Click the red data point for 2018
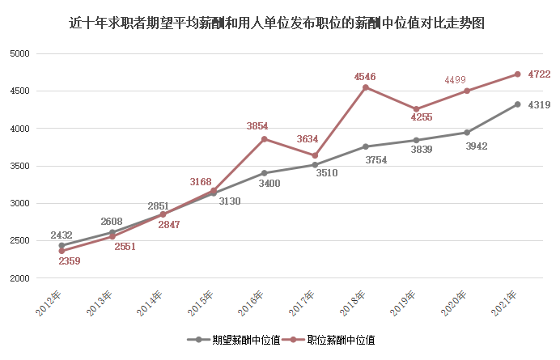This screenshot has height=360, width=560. pyautogui.click(x=366, y=87)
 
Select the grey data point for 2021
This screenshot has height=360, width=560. pyautogui.click(x=518, y=104)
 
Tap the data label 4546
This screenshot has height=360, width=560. pyautogui.click(x=365, y=76)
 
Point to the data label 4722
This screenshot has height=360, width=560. pyautogui.click(x=539, y=74)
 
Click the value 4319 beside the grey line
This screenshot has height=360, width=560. pyautogui.click(x=539, y=104)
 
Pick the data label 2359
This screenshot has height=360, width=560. pyautogui.click(x=70, y=260)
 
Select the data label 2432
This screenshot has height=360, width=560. pyautogui.click(x=62, y=235)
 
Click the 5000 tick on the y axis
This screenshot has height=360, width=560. pyautogui.click(x=19, y=53)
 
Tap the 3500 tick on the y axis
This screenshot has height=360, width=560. pyautogui.click(x=19, y=166)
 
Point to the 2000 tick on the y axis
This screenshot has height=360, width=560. pyautogui.click(x=19, y=278)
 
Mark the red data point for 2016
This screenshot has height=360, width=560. pyautogui.click(x=264, y=139)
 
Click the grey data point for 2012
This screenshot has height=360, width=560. pyautogui.click(x=62, y=245)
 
